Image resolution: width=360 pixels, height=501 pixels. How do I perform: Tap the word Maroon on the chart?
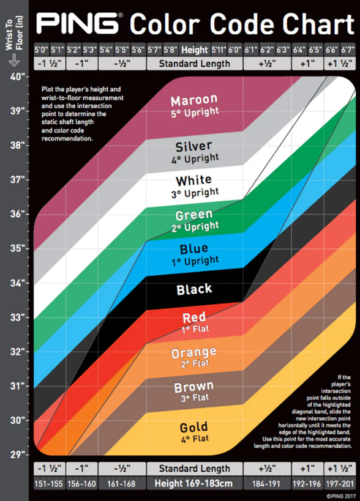click(x=194, y=100)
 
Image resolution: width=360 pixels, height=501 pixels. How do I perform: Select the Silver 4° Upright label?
click(x=194, y=152)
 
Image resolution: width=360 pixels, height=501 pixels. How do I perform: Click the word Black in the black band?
click(x=194, y=289)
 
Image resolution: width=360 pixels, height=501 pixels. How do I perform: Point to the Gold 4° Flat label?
click(x=194, y=432)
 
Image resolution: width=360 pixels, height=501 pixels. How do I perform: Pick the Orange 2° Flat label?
click(x=194, y=357)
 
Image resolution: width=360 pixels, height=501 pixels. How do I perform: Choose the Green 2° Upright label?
click(x=194, y=220)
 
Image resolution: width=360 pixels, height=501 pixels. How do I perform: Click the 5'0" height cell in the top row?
click(x=42, y=49)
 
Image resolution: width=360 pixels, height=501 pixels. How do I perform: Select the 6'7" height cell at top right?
click(x=348, y=49)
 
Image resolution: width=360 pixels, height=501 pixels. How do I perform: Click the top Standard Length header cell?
click(x=195, y=63)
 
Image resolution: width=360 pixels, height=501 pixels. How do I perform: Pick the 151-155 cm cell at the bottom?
click(x=48, y=483)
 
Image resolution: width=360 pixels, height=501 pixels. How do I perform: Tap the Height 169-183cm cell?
click(x=195, y=483)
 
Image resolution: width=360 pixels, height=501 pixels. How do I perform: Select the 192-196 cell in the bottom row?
click(x=306, y=483)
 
